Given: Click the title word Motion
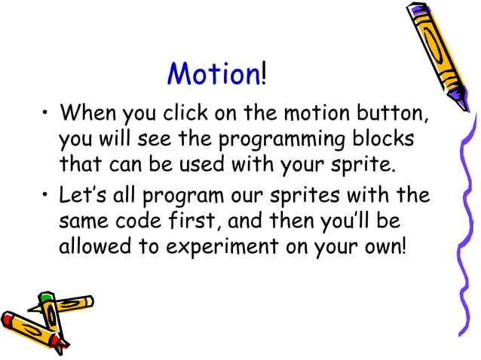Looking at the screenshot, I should point(213,74).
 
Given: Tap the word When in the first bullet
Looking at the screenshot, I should point(86,115).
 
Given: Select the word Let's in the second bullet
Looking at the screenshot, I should point(82,196).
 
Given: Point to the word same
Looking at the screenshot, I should point(85,222).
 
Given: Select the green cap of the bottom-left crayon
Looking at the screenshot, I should point(46,299).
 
